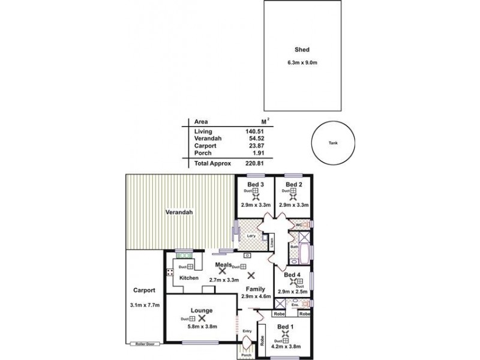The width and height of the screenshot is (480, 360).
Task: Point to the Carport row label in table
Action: (205, 146)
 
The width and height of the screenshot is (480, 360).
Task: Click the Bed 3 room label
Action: (256, 184)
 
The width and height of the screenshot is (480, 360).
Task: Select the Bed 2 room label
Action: (293, 184)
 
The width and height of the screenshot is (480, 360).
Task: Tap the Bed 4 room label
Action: (292, 275)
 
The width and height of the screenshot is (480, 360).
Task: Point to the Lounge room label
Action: (202, 310)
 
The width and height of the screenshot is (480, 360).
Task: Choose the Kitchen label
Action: (188, 278)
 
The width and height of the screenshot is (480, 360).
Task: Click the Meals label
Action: (224, 265)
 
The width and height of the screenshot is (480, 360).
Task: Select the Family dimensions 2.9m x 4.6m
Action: (256, 296)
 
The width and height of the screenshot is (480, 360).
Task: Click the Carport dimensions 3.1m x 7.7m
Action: (145, 305)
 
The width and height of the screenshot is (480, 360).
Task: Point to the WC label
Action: (297, 224)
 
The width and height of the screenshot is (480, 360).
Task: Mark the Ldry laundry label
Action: (251, 235)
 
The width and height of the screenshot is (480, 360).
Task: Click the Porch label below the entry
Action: (245, 354)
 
